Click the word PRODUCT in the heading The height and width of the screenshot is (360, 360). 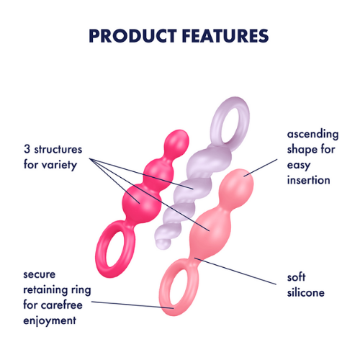coord(132,36)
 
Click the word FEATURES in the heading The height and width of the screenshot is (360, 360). coord(225,36)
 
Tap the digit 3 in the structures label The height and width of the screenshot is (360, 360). coord(27,149)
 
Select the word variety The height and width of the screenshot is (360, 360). coord(59,165)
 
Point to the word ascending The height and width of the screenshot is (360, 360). coord(312,134)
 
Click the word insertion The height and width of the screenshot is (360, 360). coord(309,180)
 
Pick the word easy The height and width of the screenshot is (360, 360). coord(299,165)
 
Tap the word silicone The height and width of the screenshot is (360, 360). coord(306,292)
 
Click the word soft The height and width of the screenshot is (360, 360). coord(297,277)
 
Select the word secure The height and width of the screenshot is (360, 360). coord(40,275)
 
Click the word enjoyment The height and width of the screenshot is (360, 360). coord(50,320)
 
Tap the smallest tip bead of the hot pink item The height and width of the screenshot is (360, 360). coord(177,142)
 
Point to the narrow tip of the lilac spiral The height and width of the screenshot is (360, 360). coord(163,243)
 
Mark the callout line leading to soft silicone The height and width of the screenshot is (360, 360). coord(235,271)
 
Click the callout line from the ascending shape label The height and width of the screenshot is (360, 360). coord(261,168)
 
